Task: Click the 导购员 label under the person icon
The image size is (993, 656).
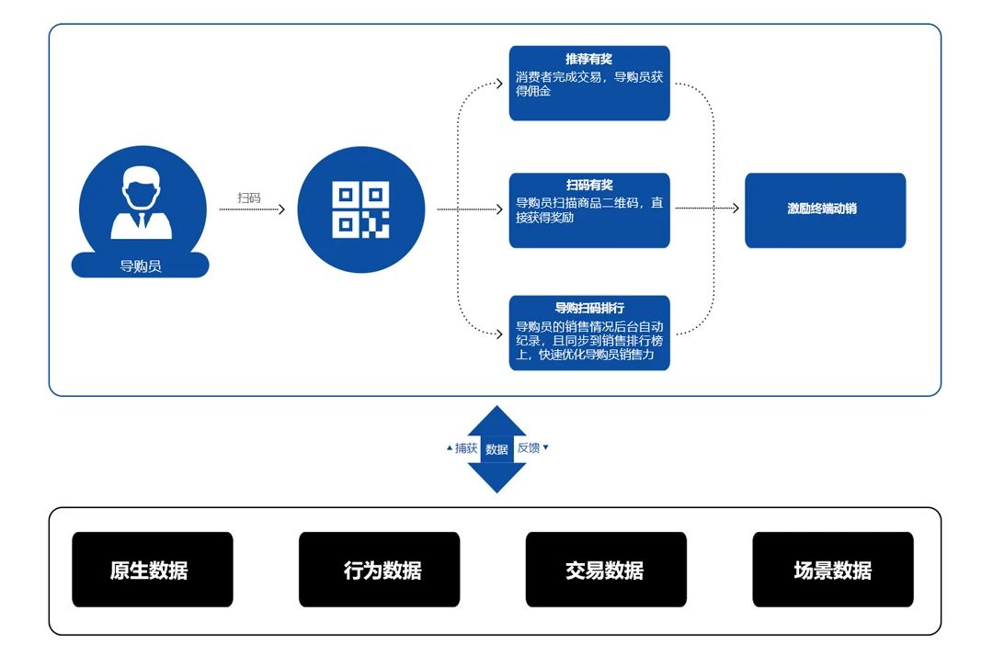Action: coord(141,266)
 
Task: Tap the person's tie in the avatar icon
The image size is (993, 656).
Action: coord(142,221)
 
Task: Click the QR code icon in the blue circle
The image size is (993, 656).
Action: coord(360,210)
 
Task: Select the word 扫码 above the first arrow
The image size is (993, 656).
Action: coord(249,198)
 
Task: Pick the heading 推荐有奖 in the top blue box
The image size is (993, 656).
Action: coord(588,60)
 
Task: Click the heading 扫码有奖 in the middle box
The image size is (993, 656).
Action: coord(588,186)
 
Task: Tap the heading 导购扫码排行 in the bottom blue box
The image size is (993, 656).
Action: coord(588,308)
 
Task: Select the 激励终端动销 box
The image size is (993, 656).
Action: coord(825,209)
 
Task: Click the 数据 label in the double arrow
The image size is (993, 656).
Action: coord(496,449)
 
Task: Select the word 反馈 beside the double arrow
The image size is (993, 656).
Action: coord(529,447)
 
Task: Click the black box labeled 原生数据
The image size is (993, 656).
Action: coord(152,570)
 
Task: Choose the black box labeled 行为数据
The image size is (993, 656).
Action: coord(379,570)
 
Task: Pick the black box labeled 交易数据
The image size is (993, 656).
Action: coord(606,570)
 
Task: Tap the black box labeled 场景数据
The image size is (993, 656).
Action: coord(832,570)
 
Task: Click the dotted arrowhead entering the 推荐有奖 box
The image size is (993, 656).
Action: coord(499,84)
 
